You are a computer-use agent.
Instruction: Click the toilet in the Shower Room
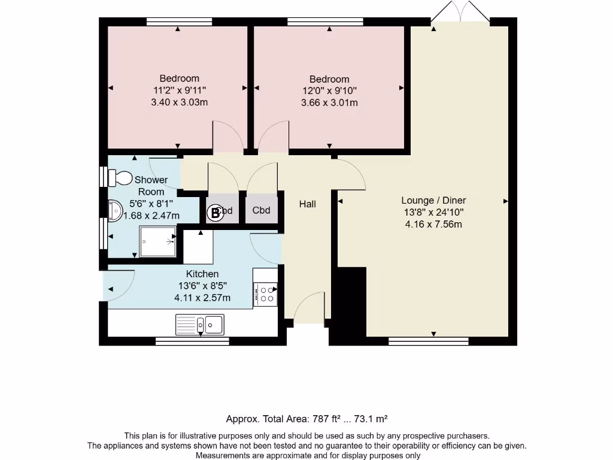click(x=120, y=178)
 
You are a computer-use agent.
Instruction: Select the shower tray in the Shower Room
click(x=157, y=241)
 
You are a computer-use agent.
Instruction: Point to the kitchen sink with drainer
click(x=200, y=325)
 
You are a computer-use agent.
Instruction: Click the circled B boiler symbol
click(x=215, y=213)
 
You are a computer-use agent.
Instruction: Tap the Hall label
click(x=308, y=204)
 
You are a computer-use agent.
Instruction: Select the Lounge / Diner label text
click(x=433, y=200)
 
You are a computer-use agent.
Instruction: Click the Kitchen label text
click(x=202, y=274)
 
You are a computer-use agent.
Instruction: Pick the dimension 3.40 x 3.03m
click(x=180, y=102)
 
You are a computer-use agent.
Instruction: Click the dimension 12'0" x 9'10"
click(x=330, y=91)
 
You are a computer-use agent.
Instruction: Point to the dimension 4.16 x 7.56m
click(x=433, y=225)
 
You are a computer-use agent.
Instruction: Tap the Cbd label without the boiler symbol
click(x=261, y=210)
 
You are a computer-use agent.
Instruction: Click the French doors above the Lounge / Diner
click(x=460, y=11)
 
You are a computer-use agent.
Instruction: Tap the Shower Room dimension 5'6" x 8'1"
click(x=151, y=204)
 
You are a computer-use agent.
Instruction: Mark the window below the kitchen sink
click(x=192, y=341)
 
